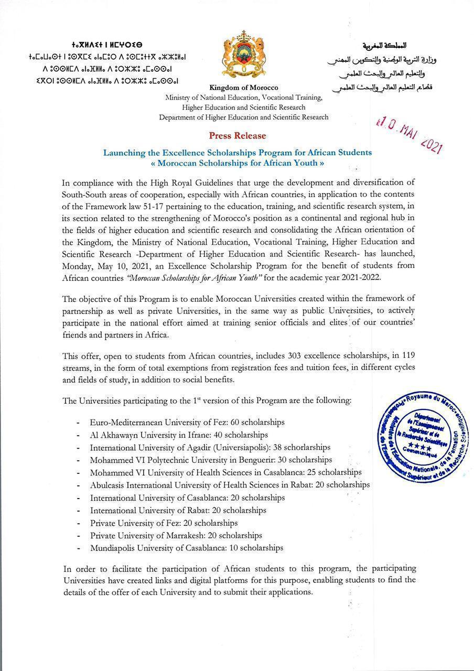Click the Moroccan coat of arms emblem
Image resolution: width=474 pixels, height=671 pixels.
[243, 55]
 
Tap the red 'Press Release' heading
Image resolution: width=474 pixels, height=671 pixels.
[238, 136]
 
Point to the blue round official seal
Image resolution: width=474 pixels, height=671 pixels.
[422, 438]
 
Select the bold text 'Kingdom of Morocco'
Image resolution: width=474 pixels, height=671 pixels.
[244, 88]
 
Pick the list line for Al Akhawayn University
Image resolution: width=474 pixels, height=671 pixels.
[179, 435]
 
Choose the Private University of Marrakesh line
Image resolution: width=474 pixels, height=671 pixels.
[176, 535]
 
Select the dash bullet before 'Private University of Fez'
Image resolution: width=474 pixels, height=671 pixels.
[78, 523]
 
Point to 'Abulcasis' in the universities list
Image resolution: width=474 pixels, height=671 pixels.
[107, 485]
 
